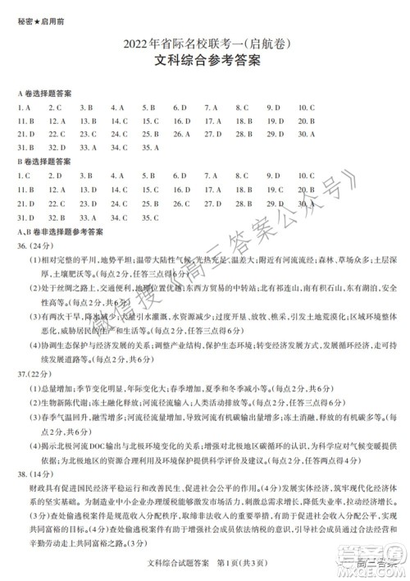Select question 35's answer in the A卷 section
point(150,148)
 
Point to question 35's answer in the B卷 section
point(150,217)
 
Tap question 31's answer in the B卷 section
point(25,217)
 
